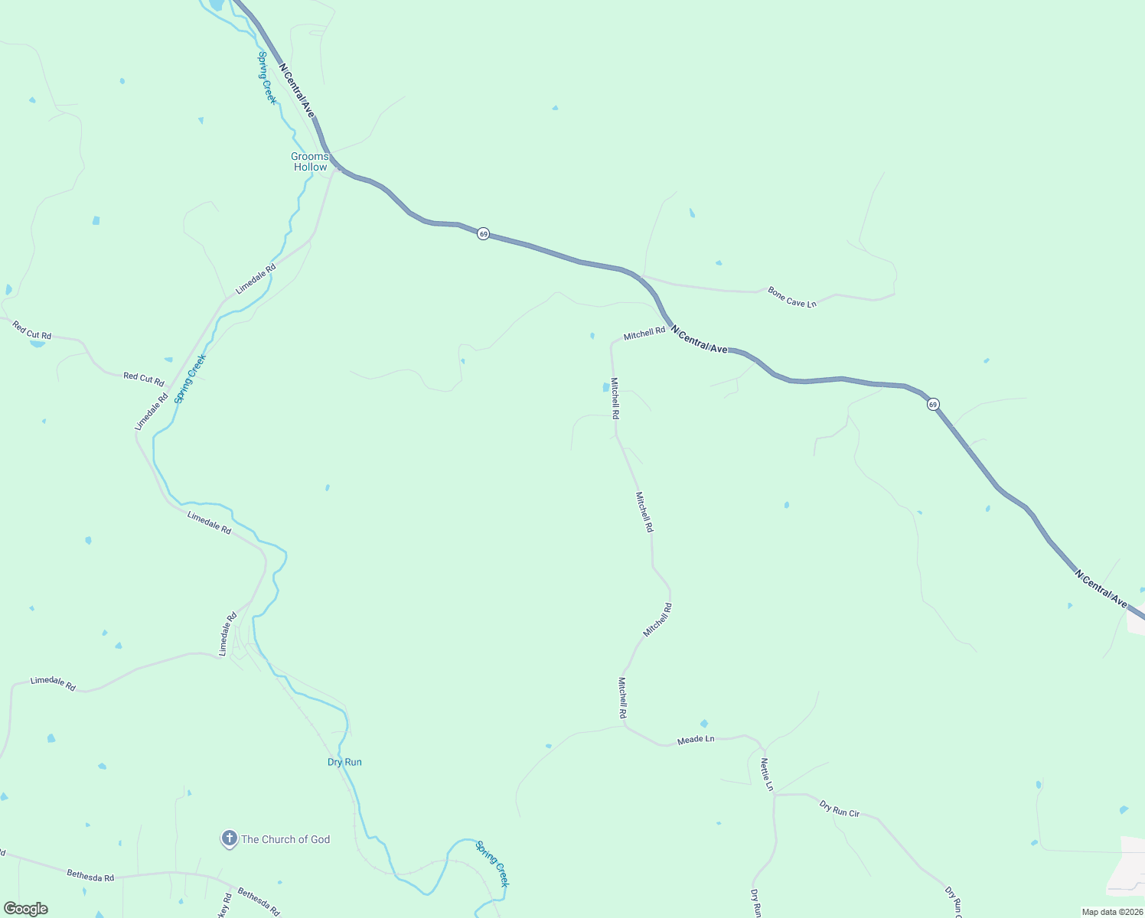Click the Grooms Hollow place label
[x=310, y=161]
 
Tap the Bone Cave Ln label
[x=792, y=298]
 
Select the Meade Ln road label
[x=695, y=740]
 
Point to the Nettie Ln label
[x=767, y=774]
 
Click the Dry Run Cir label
[x=839, y=809]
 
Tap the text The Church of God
[x=285, y=839]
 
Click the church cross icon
[x=229, y=838]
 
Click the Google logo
[x=25, y=909]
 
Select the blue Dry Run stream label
[x=344, y=762]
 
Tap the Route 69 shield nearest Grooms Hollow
[x=483, y=233]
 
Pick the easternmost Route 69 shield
[x=932, y=404]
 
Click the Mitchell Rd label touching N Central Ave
[x=644, y=334]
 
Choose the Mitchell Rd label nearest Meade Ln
[x=623, y=697]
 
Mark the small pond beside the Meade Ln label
[x=703, y=724]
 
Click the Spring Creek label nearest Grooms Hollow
[x=266, y=77]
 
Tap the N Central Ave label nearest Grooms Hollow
[x=296, y=90]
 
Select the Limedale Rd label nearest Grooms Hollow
[x=255, y=280]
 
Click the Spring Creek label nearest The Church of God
[x=491, y=864]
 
